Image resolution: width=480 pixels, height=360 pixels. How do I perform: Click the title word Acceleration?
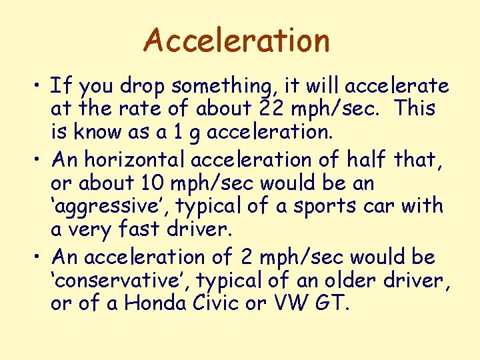(237, 40)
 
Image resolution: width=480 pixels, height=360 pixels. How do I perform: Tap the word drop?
(146, 86)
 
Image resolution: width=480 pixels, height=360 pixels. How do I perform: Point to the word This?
(415, 109)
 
